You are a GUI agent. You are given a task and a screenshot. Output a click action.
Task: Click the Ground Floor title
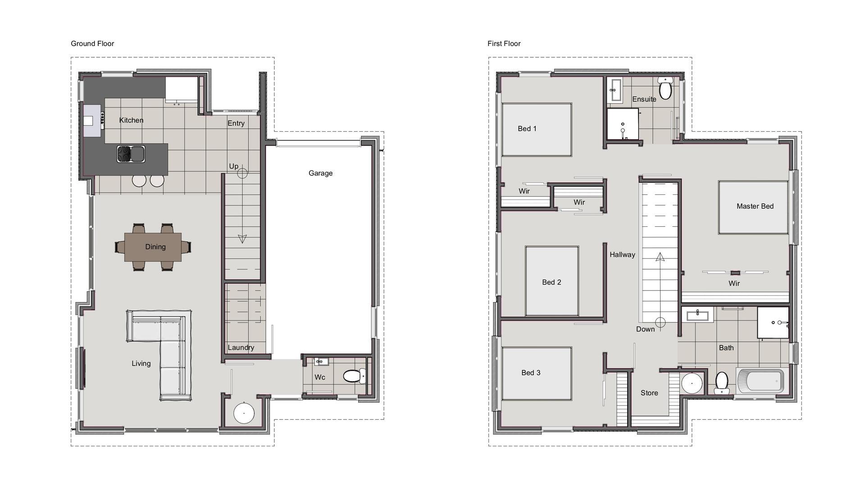click(92, 44)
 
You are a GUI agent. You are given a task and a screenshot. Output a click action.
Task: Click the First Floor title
click(504, 44)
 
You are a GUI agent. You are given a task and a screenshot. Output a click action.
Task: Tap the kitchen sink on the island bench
click(131, 154)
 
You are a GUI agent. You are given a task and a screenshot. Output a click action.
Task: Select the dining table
click(153, 247)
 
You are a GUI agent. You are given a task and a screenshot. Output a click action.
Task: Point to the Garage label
click(320, 173)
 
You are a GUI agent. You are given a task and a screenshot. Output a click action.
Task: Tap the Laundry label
click(241, 348)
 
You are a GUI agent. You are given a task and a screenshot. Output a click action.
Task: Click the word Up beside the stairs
click(234, 166)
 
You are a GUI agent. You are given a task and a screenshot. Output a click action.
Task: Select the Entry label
click(236, 124)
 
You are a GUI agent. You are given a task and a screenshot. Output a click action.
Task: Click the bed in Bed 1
click(537, 130)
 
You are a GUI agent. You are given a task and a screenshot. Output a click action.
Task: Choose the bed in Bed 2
click(552, 281)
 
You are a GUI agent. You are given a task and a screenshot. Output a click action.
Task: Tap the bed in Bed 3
click(537, 373)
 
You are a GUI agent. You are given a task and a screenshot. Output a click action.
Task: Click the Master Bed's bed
click(753, 207)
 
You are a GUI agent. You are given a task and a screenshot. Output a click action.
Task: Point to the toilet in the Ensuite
click(665, 87)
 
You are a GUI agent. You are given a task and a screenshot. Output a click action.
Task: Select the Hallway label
click(623, 255)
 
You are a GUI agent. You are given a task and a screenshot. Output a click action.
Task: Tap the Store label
click(649, 393)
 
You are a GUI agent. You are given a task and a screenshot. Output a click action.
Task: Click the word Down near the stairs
click(646, 329)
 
